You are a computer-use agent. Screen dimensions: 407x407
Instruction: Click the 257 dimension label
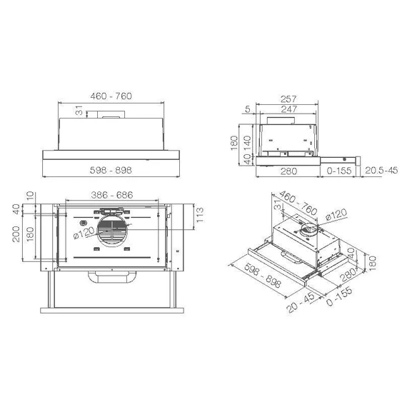click(x=288, y=99)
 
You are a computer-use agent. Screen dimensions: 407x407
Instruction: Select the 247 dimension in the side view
click(x=289, y=109)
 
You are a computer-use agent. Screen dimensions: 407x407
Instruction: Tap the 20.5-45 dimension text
click(x=381, y=170)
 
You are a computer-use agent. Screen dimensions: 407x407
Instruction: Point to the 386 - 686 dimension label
click(x=112, y=195)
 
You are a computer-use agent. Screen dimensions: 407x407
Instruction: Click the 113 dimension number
click(x=200, y=215)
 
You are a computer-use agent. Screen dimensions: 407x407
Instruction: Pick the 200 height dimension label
click(x=16, y=234)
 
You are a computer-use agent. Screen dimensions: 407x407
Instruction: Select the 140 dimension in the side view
click(x=247, y=144)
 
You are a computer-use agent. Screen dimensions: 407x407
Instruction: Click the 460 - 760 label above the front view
click(x=111, y=96)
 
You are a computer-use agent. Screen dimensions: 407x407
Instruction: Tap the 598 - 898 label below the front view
click(x=111, y=170)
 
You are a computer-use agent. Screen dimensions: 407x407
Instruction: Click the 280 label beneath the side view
click(x=288, y=171)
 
